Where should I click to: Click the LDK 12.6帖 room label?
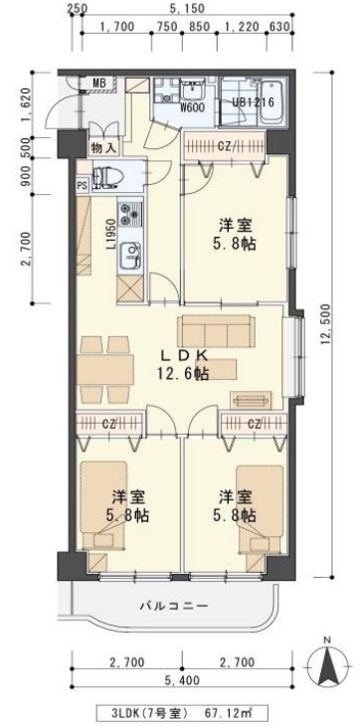(185, 364)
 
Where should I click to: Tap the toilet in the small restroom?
(105, 179)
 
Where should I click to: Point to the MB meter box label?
(99, 83)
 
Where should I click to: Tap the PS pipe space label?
(82, 184)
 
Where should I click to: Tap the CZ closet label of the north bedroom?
(224, 146)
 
